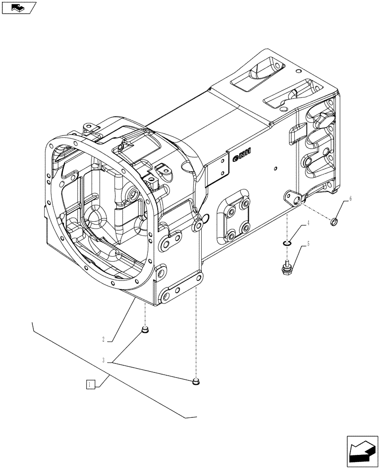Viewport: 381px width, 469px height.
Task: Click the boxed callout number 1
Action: [x=91, y=385]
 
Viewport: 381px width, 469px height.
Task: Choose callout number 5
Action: [x=309, y=243]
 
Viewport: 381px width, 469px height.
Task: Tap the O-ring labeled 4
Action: [x=287, y=242]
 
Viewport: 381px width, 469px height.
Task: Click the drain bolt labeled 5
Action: [x=287, y=268]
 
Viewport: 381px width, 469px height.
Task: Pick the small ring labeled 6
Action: [x=335, y=221]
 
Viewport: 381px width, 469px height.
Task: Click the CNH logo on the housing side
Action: [x=242, y=155]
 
